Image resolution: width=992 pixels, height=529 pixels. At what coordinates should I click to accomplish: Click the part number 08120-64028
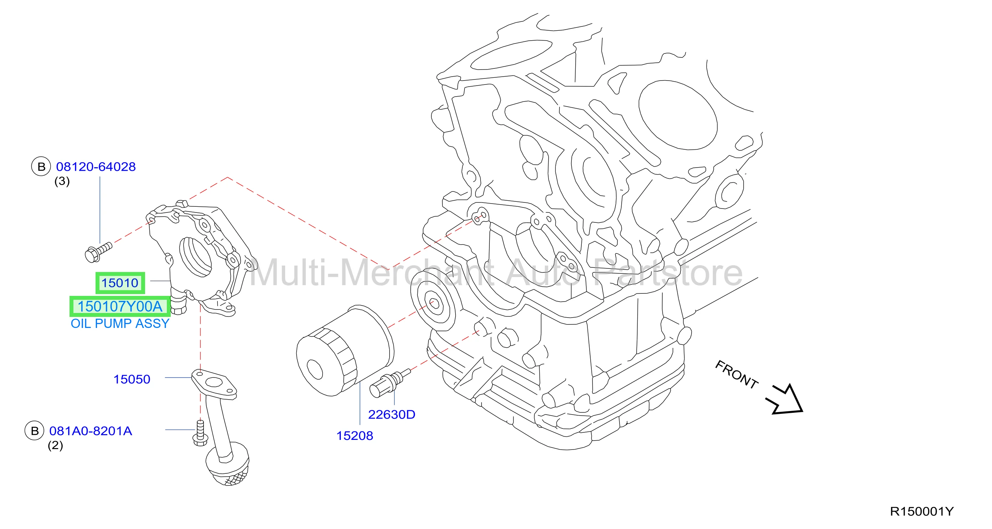[96, 167]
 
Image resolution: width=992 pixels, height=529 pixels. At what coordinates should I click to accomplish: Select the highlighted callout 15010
[120, 283]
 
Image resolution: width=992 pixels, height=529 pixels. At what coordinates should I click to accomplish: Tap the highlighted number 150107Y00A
[120, 307]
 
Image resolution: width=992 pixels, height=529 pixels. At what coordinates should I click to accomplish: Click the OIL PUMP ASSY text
[120, 323]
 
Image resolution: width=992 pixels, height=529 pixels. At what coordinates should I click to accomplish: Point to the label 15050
[132, 379]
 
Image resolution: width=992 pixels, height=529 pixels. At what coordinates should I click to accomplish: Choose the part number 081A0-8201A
[91, 431]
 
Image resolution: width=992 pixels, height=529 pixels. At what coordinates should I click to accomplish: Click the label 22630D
[392, 414]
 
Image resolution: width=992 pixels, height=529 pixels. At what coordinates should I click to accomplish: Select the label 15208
[355, 436]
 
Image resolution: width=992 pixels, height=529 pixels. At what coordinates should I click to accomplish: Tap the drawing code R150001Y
[921, 511]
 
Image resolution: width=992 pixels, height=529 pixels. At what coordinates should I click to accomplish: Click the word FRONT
[737, 374]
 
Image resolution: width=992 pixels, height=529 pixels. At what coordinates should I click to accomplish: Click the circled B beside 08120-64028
[41, 167]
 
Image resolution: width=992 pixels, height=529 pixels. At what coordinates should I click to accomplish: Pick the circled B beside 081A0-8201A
[35, 431]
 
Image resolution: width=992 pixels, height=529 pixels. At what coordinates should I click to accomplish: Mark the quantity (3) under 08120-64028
[62, 181]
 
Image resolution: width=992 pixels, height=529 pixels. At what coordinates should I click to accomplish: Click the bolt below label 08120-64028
[98, 252]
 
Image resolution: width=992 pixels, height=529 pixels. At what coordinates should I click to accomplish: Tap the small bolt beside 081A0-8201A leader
[200, 433]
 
